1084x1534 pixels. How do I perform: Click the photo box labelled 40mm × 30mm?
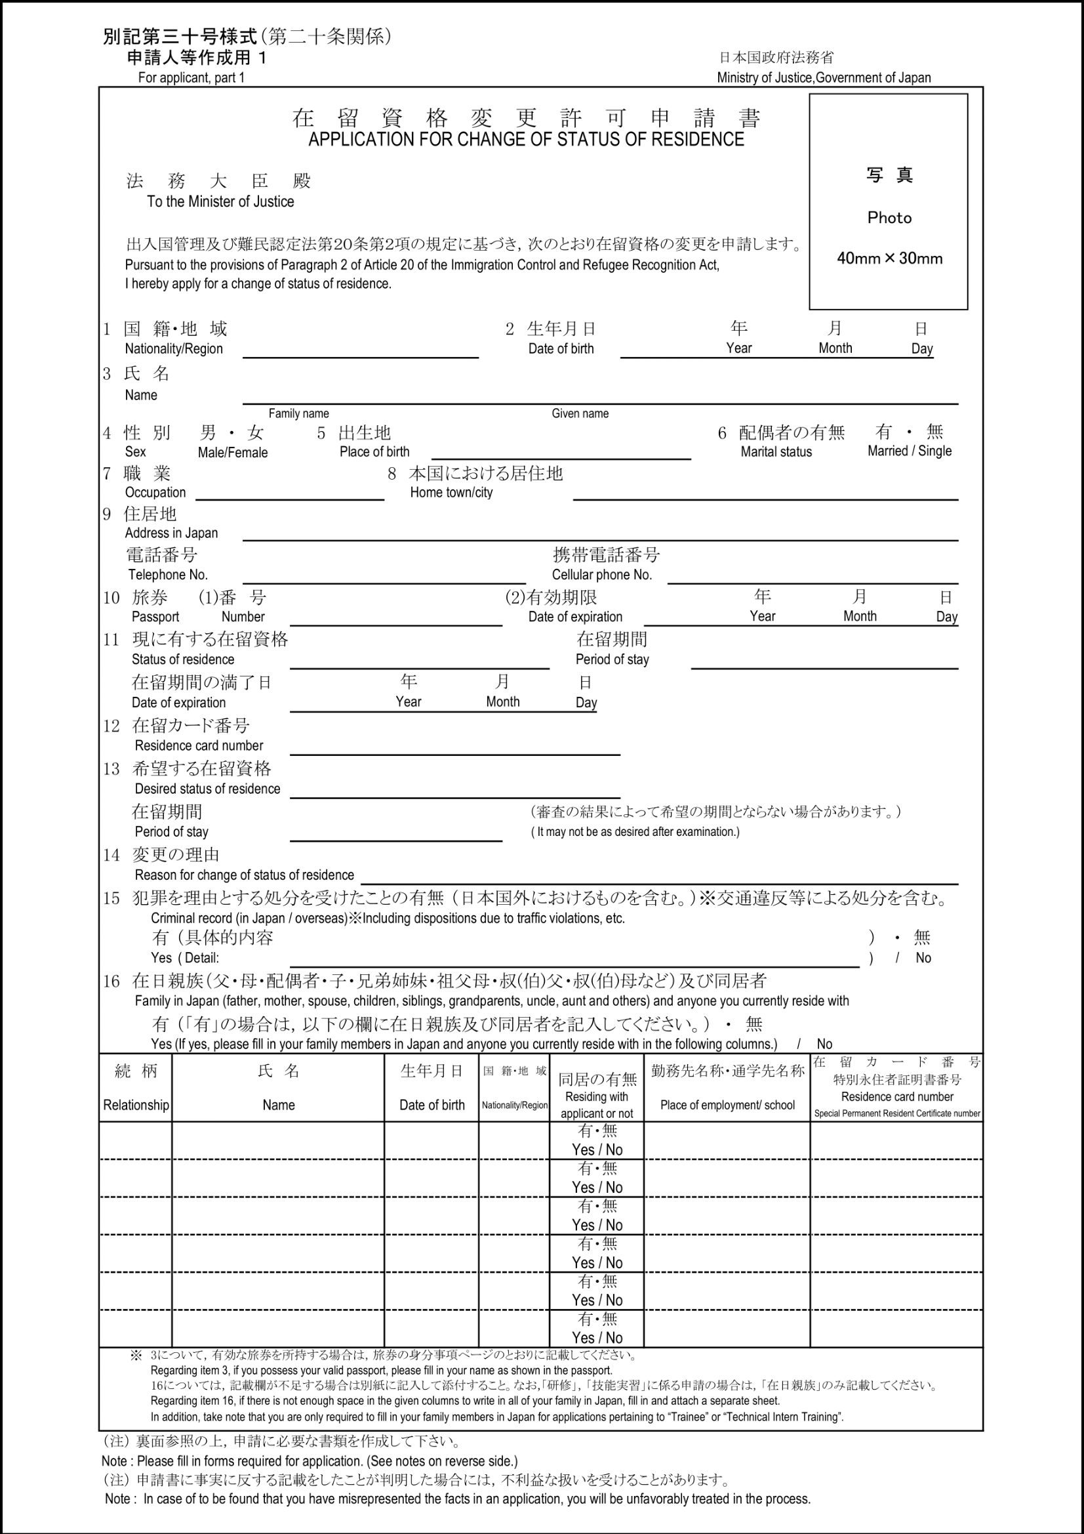pos(889,202)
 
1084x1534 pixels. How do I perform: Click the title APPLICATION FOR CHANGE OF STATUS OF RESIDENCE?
pos(526,140)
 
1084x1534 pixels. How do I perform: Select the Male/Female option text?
pos(232,452)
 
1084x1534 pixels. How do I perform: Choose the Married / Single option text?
pos(909,451)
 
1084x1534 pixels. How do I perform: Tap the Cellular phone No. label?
pos(601,575)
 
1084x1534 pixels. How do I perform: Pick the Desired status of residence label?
pos(207,789)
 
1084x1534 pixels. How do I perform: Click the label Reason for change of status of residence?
pos(244,875)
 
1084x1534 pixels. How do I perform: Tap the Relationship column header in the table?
pos(136,1105)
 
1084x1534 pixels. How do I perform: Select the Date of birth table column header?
pos(432,1105)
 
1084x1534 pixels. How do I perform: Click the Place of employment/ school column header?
pos(727,1105)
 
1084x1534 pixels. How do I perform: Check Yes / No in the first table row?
pos(597,1150)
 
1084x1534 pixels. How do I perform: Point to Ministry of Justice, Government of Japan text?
pos(824,77)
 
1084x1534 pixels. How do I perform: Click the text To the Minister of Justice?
pos(220,202)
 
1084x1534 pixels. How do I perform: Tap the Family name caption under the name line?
pos(298,413)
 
